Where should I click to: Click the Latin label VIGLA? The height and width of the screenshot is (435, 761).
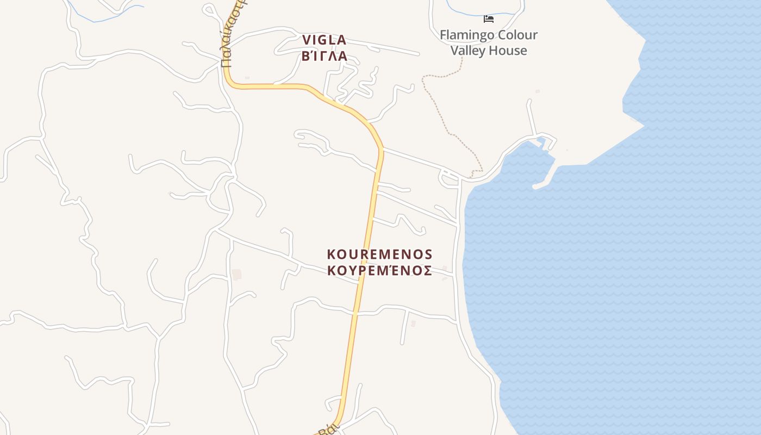(324, 40)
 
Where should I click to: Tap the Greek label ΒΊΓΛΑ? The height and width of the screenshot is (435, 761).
(324, 55)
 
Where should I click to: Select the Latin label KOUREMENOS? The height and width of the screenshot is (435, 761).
(379, 254)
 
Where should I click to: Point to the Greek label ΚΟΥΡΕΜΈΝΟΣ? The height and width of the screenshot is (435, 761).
(379, 270)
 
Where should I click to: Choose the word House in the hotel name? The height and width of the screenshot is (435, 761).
(507, 51)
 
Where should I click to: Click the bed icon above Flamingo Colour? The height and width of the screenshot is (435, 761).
(489, 19)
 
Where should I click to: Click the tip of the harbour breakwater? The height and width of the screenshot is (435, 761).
(535, 187)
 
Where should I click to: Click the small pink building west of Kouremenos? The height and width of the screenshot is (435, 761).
(236, 274)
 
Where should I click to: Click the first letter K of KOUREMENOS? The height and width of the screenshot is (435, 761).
(332, 254)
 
